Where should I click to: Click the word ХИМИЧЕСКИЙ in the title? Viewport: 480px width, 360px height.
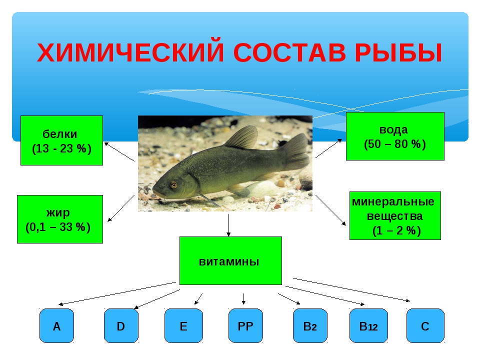[130, 52]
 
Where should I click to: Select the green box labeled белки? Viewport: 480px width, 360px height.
[61, 140]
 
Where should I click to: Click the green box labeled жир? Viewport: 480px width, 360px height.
[60, 219]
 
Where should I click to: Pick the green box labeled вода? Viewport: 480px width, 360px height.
[395, 136]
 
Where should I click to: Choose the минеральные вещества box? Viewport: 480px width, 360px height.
[395, 216]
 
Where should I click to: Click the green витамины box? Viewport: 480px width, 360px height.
[230, 261]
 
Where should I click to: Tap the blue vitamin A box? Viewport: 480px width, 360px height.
[56, 325]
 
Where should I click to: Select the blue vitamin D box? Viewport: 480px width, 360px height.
[121, 325]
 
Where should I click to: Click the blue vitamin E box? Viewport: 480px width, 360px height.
[183, 325]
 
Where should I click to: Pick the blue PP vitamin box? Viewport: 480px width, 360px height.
[245, 325]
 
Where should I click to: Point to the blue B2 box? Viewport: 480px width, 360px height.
[310, 325]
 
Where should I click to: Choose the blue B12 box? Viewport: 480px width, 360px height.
[368, 325]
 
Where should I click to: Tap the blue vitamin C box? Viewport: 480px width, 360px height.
[425, 325]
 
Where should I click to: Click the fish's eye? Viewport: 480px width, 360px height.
[173, 184]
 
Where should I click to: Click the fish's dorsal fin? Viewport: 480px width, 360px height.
[242, 138]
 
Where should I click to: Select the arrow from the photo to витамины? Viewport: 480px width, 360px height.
[228, 225]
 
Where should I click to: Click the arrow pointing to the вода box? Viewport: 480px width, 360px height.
[329, 148]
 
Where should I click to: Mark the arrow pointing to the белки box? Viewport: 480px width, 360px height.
[119, 151]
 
